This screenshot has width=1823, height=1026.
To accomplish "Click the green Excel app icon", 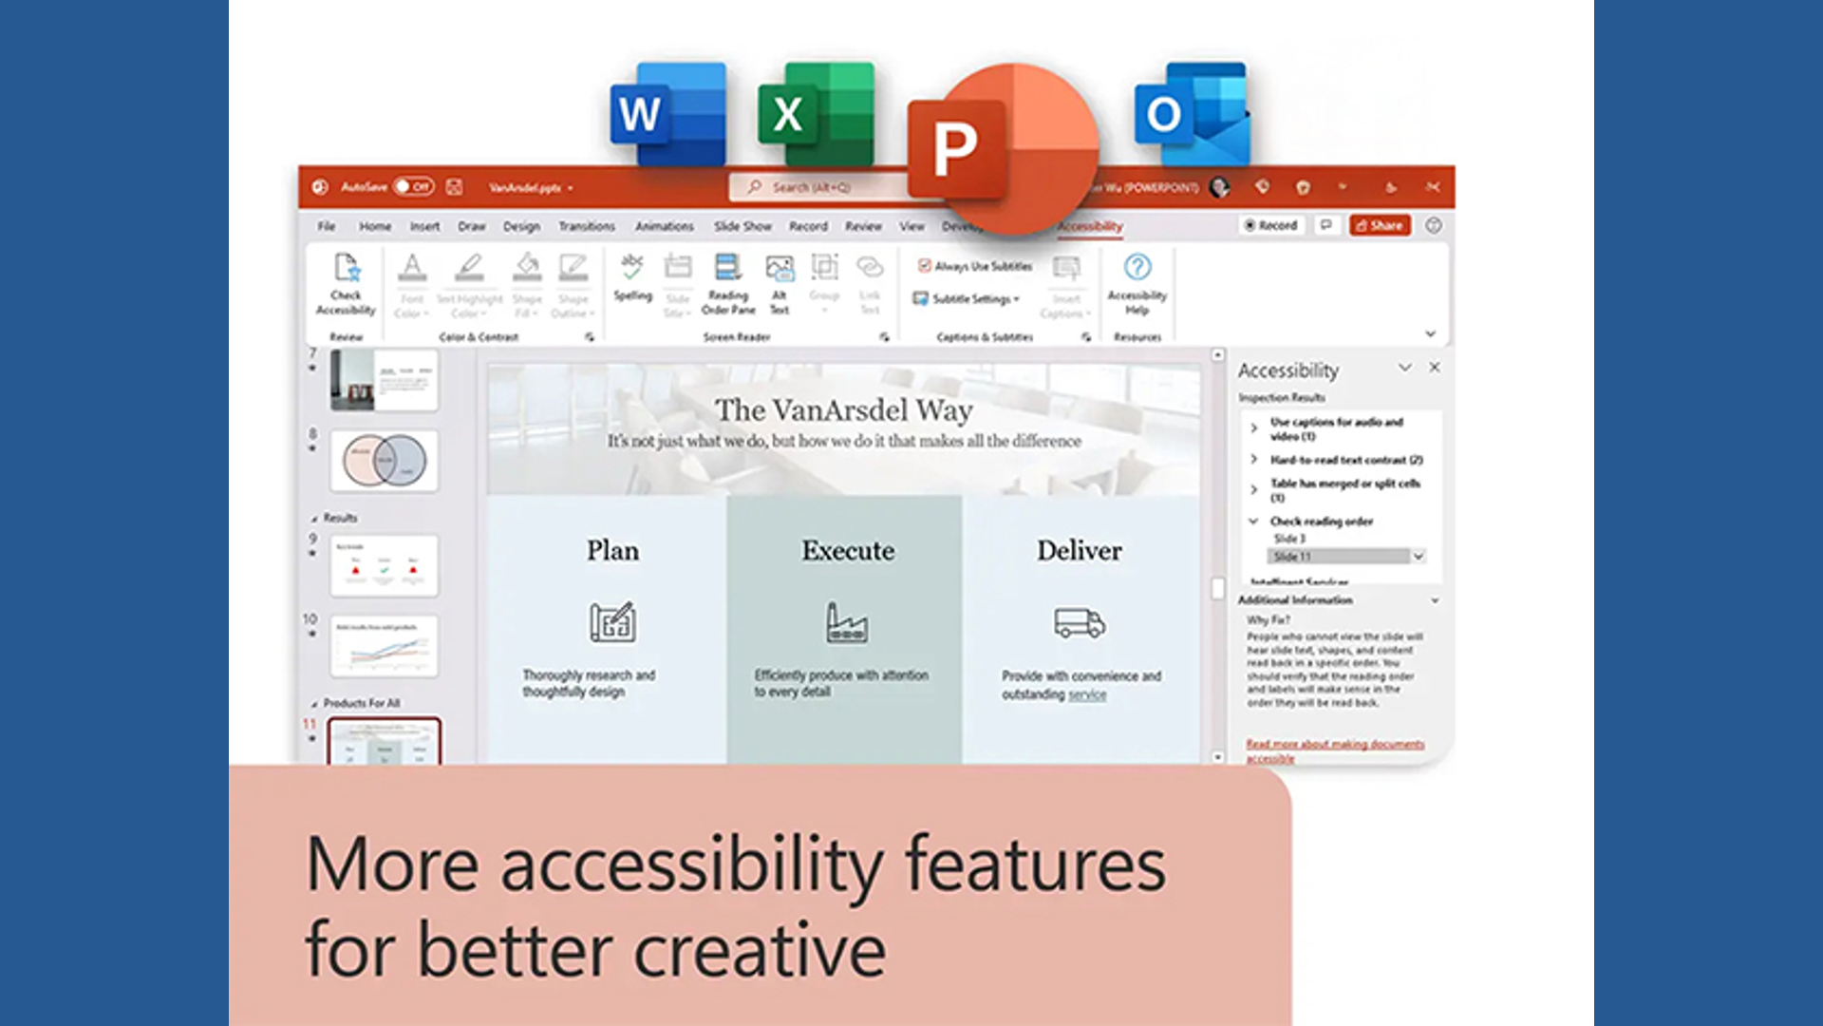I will click(x=816, y=114).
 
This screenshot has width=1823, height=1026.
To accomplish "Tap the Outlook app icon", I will click(x=1193, y=114).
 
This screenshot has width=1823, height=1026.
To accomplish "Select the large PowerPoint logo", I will click(x=1002, y=147).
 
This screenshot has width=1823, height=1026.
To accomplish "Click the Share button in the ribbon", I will click(x=1380, y=225).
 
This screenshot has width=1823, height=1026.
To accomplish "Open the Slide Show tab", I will click(x=742, y=226).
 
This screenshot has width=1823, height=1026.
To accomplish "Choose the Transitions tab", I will click(x=586, y=226).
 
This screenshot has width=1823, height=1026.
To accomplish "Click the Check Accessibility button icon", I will click(x=347, y=269).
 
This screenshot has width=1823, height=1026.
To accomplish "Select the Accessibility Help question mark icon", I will click(x=1137, y=267).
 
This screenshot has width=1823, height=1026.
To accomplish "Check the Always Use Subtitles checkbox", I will click(x=924, y=266).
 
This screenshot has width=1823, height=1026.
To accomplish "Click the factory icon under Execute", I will click(x=846, y=623).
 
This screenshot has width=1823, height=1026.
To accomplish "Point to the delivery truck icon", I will click(x=1080, y=623).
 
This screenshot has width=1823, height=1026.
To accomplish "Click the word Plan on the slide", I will click(x=612, y=551).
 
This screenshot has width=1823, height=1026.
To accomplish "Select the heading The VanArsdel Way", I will click(x=843, y=410).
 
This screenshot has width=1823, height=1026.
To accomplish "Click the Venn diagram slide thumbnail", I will click(x=385, y=461).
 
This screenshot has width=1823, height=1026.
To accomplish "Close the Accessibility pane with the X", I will click(x=1435, y=368).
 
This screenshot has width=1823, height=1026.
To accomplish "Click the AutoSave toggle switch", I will click(x=414, y=186).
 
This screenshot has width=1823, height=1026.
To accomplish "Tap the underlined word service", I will click(x=1087, y=694).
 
